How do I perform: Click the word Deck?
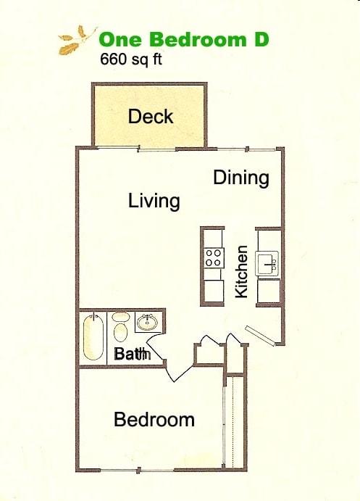pyautogui.click(x=151, y=116)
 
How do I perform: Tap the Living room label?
pyautogui.click(x=154, y=200)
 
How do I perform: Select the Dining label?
pyautogui.click(x=241, y=178)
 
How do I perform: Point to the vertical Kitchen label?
pyautogui.click(x=242, y=271)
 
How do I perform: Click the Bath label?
pyautogui.click(x=133, y=355)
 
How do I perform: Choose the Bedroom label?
pyautogui.click(x=154, y=419)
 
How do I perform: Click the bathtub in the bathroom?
pyautogui.click(x=93, y=336)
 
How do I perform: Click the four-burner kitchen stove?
pyautogui.click(x=214, y=258)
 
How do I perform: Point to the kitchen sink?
pyautogui.click(x=268, y=262)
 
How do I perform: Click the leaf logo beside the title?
pyautogui.click(x=77, y=41)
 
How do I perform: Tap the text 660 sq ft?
pyautogui.click(x=131, y=59)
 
